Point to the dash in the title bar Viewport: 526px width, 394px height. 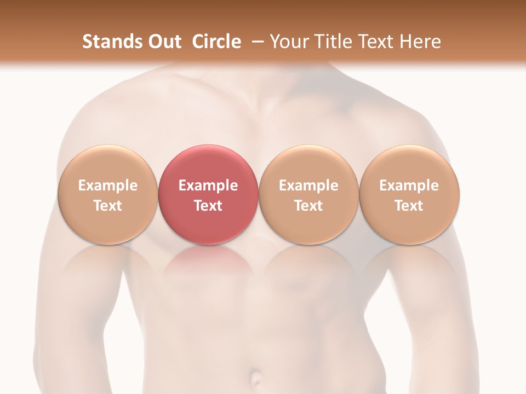(x=256, y=42)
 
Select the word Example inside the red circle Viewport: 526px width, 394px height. (x=208, y=186)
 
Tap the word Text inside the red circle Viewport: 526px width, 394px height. (x=208, y=206)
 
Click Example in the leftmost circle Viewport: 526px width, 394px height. (x=107, y=186)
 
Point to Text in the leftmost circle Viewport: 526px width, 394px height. (x=107, y=206)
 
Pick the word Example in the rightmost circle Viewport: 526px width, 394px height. (x=409, y=186)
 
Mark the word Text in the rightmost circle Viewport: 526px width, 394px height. (x=409, y=206)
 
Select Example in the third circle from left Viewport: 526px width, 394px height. (x=308, y=186)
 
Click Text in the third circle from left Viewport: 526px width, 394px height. (x=308, y=206)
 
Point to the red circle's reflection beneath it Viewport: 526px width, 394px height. (x=208, y=260)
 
